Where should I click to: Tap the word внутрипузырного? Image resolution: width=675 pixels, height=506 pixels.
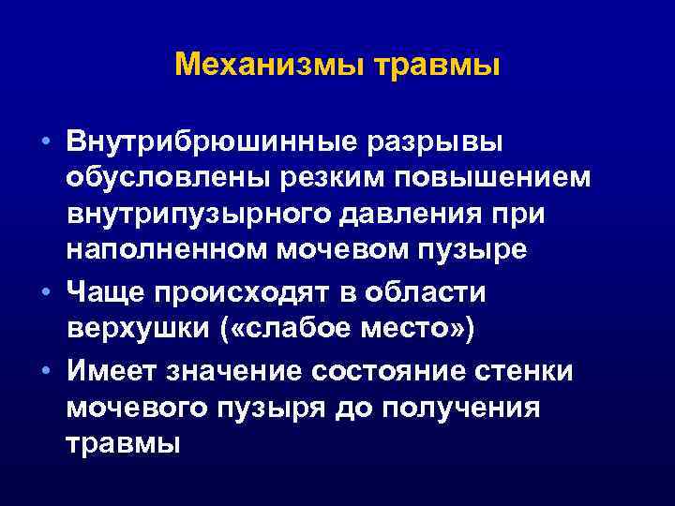pyautogui.click(x=191, y=215)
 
